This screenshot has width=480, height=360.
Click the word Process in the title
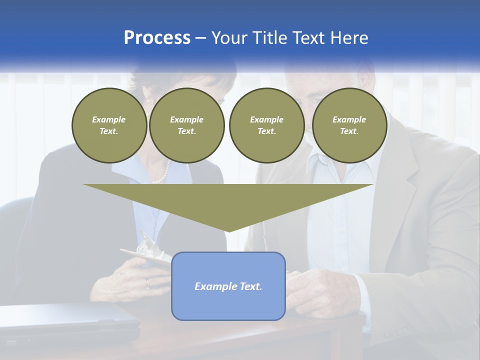[157, 38]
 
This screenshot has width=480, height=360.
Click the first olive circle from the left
[109, 125]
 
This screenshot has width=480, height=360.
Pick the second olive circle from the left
[186, 125]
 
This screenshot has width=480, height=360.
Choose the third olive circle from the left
[266, 125]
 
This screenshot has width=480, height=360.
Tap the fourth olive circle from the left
[349, 125]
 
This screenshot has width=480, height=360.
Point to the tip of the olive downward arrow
[228, 230]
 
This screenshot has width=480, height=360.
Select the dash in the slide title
[200, 38]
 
